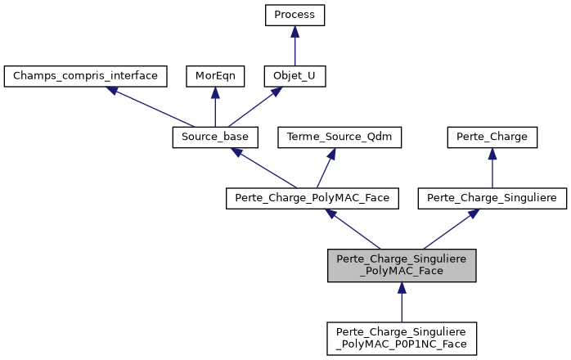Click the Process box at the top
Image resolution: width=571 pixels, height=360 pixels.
(294, 16)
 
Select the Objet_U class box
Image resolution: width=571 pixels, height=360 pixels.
(294, 77)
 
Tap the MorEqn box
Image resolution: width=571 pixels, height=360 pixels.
(214, 77)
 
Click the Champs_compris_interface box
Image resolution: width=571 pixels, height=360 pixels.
(86, 77)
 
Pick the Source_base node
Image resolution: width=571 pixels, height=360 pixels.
(215, 137)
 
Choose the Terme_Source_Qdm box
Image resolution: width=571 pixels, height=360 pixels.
(340, 137)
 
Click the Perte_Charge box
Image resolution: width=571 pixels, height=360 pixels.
(492, 137)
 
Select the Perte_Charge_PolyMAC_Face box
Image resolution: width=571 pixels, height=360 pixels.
(312, 198)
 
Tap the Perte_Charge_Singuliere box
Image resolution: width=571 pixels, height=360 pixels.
(492, 198)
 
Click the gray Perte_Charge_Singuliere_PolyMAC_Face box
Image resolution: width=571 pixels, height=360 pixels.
(401, 265)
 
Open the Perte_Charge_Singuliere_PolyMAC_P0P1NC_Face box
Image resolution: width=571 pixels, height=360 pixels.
(401, 337)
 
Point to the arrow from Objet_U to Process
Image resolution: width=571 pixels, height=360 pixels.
(294, 47)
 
